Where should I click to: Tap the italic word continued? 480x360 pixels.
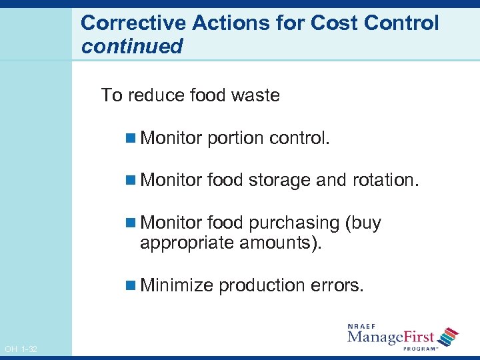pos(131,47)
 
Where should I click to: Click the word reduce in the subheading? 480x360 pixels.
pos(155,95)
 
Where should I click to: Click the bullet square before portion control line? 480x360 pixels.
pos(129,138)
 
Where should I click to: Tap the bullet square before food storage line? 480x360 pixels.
pos(129,180)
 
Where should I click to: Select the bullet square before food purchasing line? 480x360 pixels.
pos(129,223)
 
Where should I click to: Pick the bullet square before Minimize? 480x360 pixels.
pos(129,286)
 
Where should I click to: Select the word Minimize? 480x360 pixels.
pos(177,285)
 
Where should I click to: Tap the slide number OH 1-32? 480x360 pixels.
pos(21,349)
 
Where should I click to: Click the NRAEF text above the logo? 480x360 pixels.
pos(363,326)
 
